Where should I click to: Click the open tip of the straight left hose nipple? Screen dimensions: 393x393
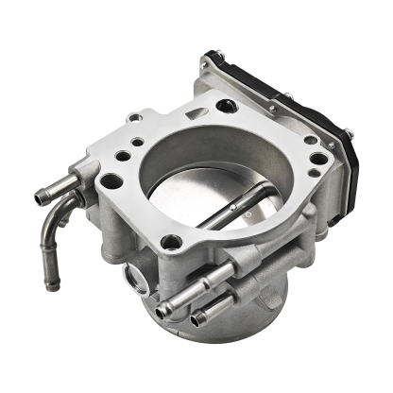click(x=42, y=197)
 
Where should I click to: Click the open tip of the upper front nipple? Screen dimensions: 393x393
click(x=166, y=309)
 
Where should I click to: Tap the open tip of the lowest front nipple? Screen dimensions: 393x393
click(x=197, y=321)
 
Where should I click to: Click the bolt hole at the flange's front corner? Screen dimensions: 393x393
click(x=171, y=243)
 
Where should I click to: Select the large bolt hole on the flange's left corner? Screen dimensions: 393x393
click(x=111, y=180)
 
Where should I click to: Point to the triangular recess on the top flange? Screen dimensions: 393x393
click(x=193, y=114)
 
